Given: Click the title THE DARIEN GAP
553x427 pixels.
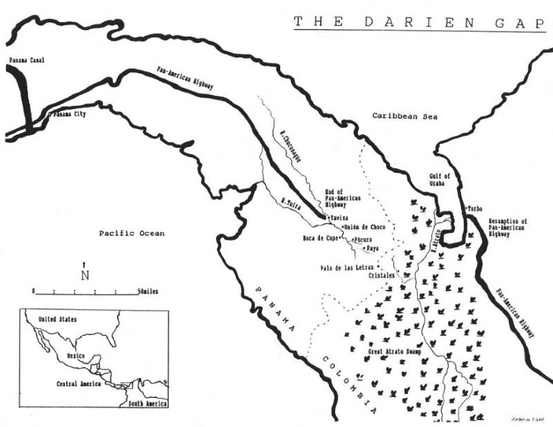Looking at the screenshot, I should (x=419, y=21).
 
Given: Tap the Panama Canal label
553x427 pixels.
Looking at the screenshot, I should (x=26, y=61).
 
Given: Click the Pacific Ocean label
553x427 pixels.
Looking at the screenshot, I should (x=131, y=234).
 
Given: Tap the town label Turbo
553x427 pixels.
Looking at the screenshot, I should (x=475, y=208).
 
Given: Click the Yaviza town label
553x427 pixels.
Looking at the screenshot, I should (x=339, y=218).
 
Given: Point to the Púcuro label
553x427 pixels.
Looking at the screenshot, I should (x=364, y=239).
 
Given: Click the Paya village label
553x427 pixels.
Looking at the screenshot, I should (x=373, y=247).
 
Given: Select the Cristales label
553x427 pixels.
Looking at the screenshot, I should (x=381, y=275).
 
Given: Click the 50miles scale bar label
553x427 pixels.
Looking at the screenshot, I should (x=147, y=292).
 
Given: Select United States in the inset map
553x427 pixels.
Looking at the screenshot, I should (x=58, y=319).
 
